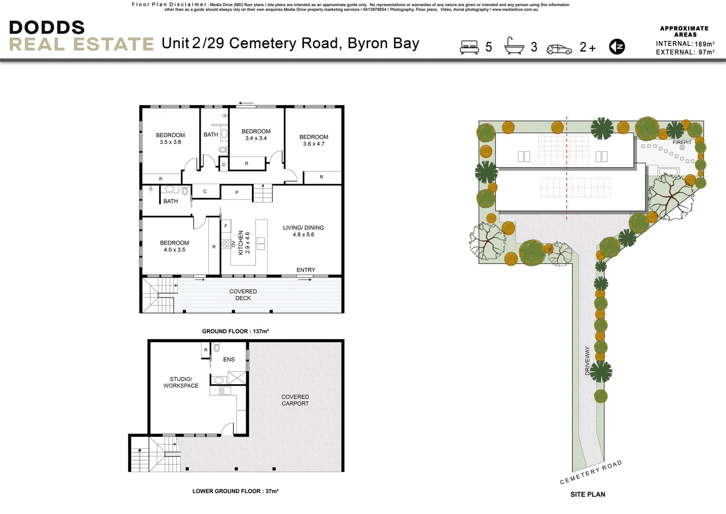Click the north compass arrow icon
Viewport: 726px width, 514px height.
click(617, 47)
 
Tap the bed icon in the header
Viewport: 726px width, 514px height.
click(469, 47)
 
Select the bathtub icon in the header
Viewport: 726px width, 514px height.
click(514, 46)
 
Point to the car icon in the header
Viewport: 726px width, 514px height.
click(559, 49)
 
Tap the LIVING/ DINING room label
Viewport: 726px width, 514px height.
click(303, 231)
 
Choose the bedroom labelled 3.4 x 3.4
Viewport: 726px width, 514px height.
click(256, 135)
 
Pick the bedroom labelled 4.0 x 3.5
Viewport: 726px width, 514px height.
click(174, 246)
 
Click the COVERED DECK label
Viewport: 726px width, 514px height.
click(243, 295)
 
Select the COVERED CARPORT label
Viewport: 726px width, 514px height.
click(295, 400)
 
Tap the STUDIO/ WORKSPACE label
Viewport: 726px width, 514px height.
click(181, 383)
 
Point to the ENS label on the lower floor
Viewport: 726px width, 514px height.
click(229, 360)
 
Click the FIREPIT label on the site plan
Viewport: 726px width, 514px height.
click(682, 142)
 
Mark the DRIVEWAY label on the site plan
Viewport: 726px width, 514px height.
click(587, 361)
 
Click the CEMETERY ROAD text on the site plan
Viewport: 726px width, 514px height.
click(590, 472)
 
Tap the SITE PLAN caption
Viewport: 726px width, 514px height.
click(588, 494)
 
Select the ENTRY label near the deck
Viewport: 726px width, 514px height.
click(306, 270)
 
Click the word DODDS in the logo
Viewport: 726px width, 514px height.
click(47, 28)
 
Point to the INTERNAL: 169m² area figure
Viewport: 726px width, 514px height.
click(685, 44)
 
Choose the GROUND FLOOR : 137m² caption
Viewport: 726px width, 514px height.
click(235, 331)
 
